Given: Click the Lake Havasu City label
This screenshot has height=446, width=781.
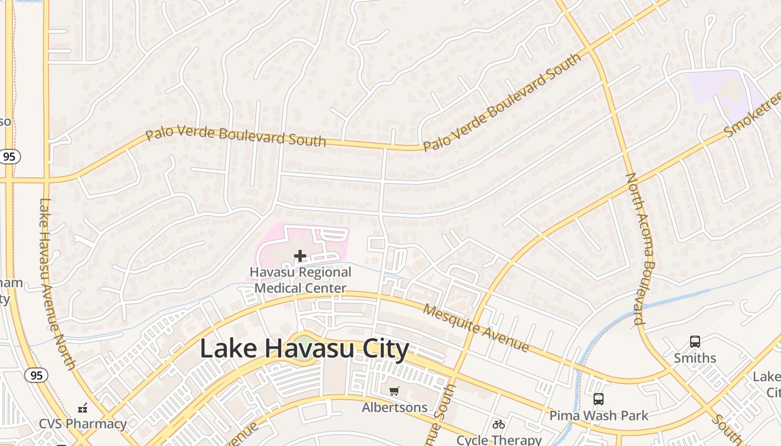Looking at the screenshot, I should (x=304, y=349).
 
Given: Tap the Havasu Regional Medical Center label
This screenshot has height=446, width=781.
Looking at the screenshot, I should (x=300, y=280).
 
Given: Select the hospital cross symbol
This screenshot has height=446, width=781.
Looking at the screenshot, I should (x=300, y=256).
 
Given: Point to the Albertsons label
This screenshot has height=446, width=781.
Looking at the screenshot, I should (x=394, y=408).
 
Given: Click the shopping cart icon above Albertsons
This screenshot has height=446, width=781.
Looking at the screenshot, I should (x=394, y=391).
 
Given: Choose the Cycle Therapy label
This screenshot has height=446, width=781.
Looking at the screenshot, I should (x=499, y=440).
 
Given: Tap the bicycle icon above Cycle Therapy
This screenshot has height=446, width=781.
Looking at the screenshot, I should (x=499, y=424).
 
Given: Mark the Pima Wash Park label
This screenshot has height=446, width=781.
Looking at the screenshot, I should (x=599, y=415).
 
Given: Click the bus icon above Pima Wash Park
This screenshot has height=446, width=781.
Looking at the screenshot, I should (x=599, y=399).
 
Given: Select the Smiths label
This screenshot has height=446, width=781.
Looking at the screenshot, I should (x=695, y=358).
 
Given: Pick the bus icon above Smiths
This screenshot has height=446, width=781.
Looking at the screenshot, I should (x=695, y=342).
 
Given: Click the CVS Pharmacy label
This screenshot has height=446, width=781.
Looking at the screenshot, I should (x=83, y=424).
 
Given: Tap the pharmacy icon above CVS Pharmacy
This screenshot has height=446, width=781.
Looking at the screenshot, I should (x=83, y=408).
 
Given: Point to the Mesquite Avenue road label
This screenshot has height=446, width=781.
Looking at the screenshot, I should (x=475, y=328).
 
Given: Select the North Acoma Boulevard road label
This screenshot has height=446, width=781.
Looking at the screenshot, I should (x=640, y=249).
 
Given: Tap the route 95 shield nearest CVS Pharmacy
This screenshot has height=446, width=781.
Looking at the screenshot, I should (x=36, y=375).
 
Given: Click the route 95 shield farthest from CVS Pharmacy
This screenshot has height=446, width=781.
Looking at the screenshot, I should (x=9, y=157).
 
